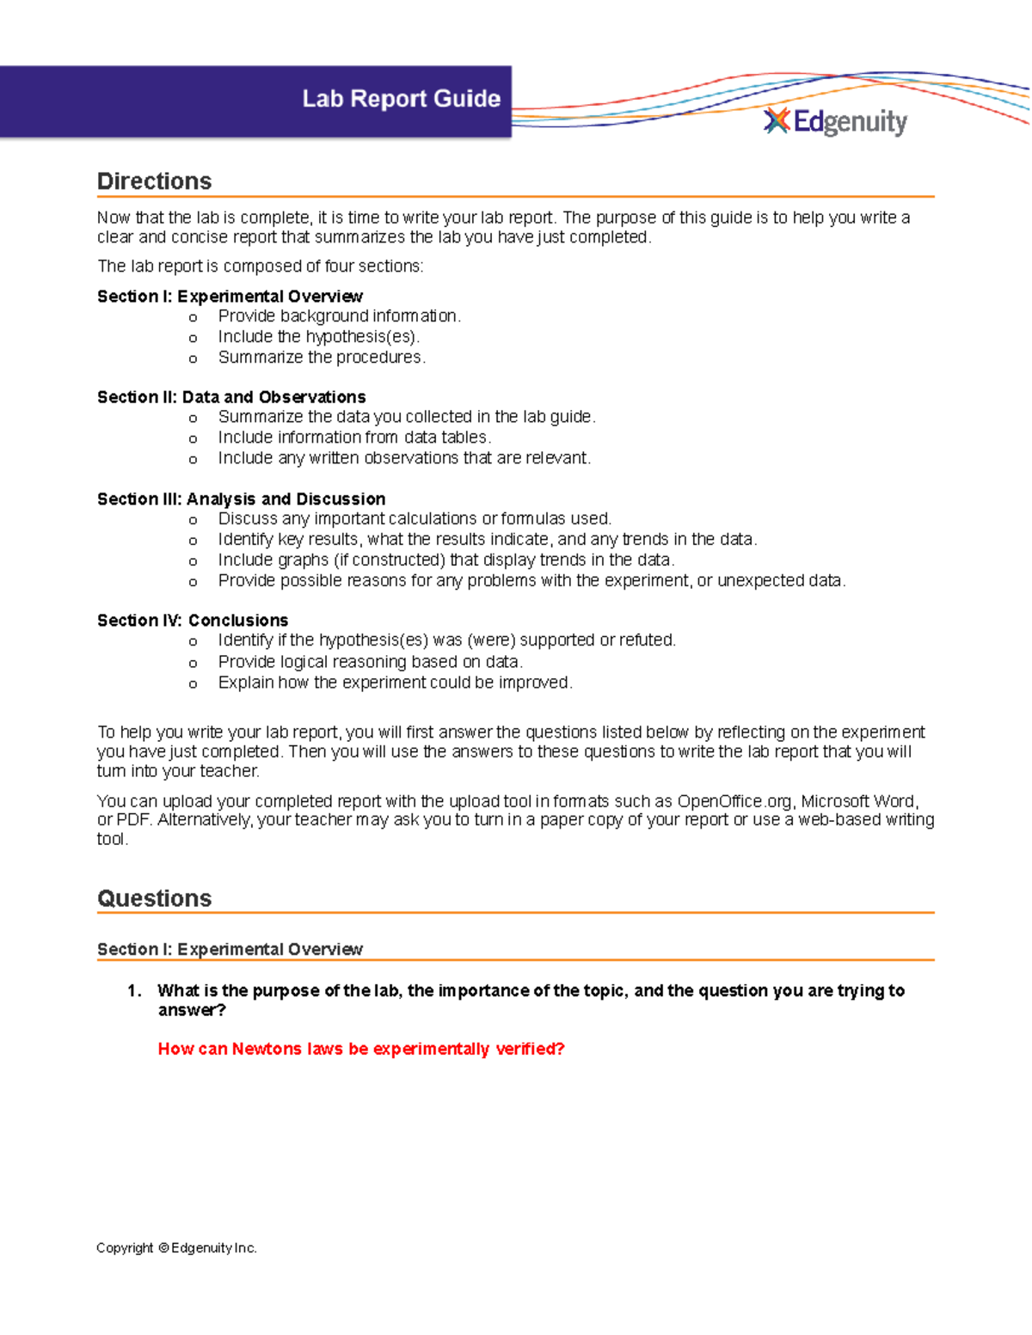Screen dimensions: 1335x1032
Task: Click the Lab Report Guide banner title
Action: click(x=401, y=99)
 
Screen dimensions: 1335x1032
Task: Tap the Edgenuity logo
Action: click(x=835, y=122)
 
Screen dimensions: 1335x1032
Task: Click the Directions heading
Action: click(x=155, y=181)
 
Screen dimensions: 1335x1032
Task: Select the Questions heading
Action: click(x=155, y=898)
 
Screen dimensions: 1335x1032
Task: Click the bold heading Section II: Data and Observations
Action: click(x=231, y=397)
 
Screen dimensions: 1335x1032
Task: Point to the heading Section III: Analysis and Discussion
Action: click(x=241, y=499)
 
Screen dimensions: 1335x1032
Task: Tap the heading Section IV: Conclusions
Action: click(x=193, y=621)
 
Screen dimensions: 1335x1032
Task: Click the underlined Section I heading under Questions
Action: click(x=230, y=949)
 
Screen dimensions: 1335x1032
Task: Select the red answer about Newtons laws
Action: click(x=361, y=1049)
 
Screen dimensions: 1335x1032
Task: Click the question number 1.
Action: click(x=134, y=991)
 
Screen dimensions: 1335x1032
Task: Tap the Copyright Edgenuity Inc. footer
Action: click(x=176, y=1248)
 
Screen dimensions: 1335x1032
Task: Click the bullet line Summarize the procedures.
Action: click(x=322, y=358)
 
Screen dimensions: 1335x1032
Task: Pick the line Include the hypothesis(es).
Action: click(x=319, y=337)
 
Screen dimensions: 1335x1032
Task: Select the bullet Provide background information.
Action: click(x=339, y=316)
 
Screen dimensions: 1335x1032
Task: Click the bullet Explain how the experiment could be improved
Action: click(x=395, y=683)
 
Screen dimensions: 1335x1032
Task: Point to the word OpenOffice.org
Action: click(x=734, y=801)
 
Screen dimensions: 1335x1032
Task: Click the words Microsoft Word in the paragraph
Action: click(x=858, y=801)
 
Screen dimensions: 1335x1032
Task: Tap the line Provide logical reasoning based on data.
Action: click(x=370, y=662)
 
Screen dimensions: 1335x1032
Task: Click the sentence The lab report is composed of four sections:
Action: click(x=260, y=266)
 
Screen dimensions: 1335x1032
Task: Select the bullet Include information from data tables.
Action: click(x=354, y=438)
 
